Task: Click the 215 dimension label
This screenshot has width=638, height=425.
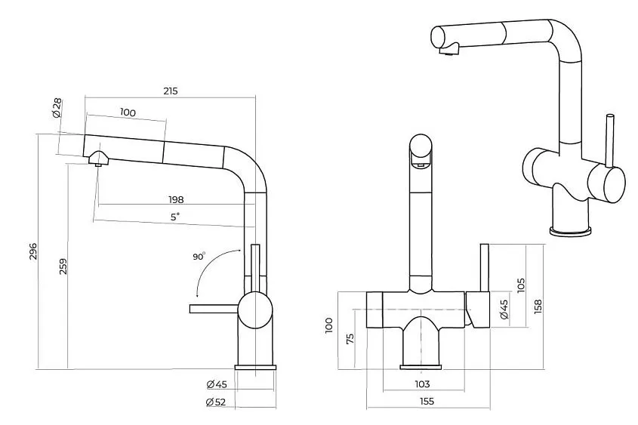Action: (171, 91)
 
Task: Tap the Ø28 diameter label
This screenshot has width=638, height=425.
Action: (57, 108)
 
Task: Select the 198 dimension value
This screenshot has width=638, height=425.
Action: (176, 199)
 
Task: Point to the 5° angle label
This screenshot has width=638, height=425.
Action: (174, 217)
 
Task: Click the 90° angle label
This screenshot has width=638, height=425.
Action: (199, 256)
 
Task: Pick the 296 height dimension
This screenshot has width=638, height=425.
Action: (33, 251)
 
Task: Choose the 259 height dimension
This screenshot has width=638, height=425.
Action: (63, 266)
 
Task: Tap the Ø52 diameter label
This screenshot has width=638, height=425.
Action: (216, 402)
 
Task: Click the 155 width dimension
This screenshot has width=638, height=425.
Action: (427, 401)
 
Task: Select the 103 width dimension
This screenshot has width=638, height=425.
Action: (422, 383)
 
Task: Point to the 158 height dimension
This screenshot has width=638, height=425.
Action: (538, 306)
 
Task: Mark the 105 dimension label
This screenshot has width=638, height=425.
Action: (521, 285)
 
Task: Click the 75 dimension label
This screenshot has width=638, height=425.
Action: (350, 338)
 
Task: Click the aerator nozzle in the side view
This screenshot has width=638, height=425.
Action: (98, 159)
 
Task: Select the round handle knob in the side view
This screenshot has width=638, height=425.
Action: (254, 310)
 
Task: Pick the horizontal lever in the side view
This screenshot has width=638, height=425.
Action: (214, 309)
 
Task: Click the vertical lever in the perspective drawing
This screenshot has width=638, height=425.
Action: (609, 140)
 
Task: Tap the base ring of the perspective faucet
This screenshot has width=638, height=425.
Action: (569, 231)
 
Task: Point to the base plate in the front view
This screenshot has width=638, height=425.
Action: (421, 367)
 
